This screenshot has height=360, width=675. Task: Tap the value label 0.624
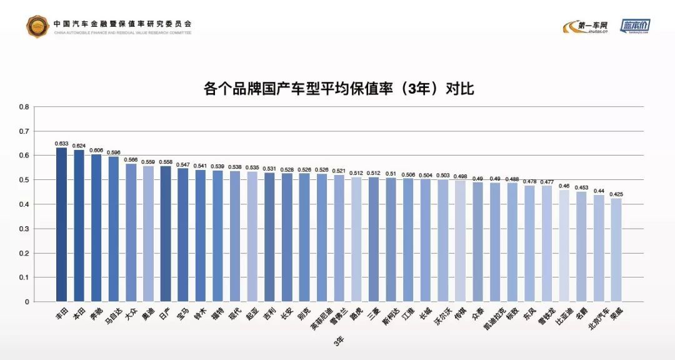[79, 146]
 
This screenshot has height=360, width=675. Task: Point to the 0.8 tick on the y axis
[24, 107]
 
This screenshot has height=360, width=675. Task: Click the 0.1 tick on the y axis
[24, 277]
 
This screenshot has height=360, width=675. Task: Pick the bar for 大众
[131, 232]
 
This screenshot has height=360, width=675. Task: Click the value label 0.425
[616, 194]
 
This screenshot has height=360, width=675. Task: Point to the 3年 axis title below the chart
[338, 341]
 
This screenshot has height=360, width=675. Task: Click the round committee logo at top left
[37, 26]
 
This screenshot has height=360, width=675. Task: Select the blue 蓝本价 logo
[635, 26]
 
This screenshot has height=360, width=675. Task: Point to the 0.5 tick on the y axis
[24, 180]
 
